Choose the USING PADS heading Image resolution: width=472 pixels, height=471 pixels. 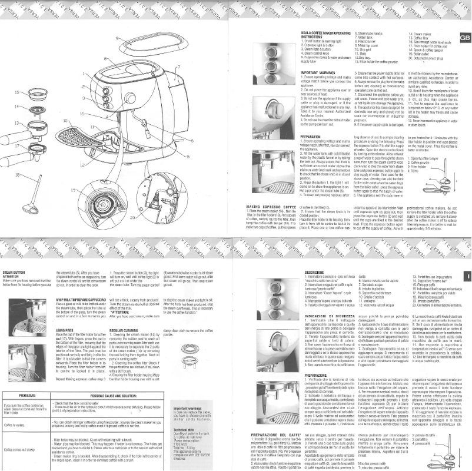pyautogui.click(x=68, y=331)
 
